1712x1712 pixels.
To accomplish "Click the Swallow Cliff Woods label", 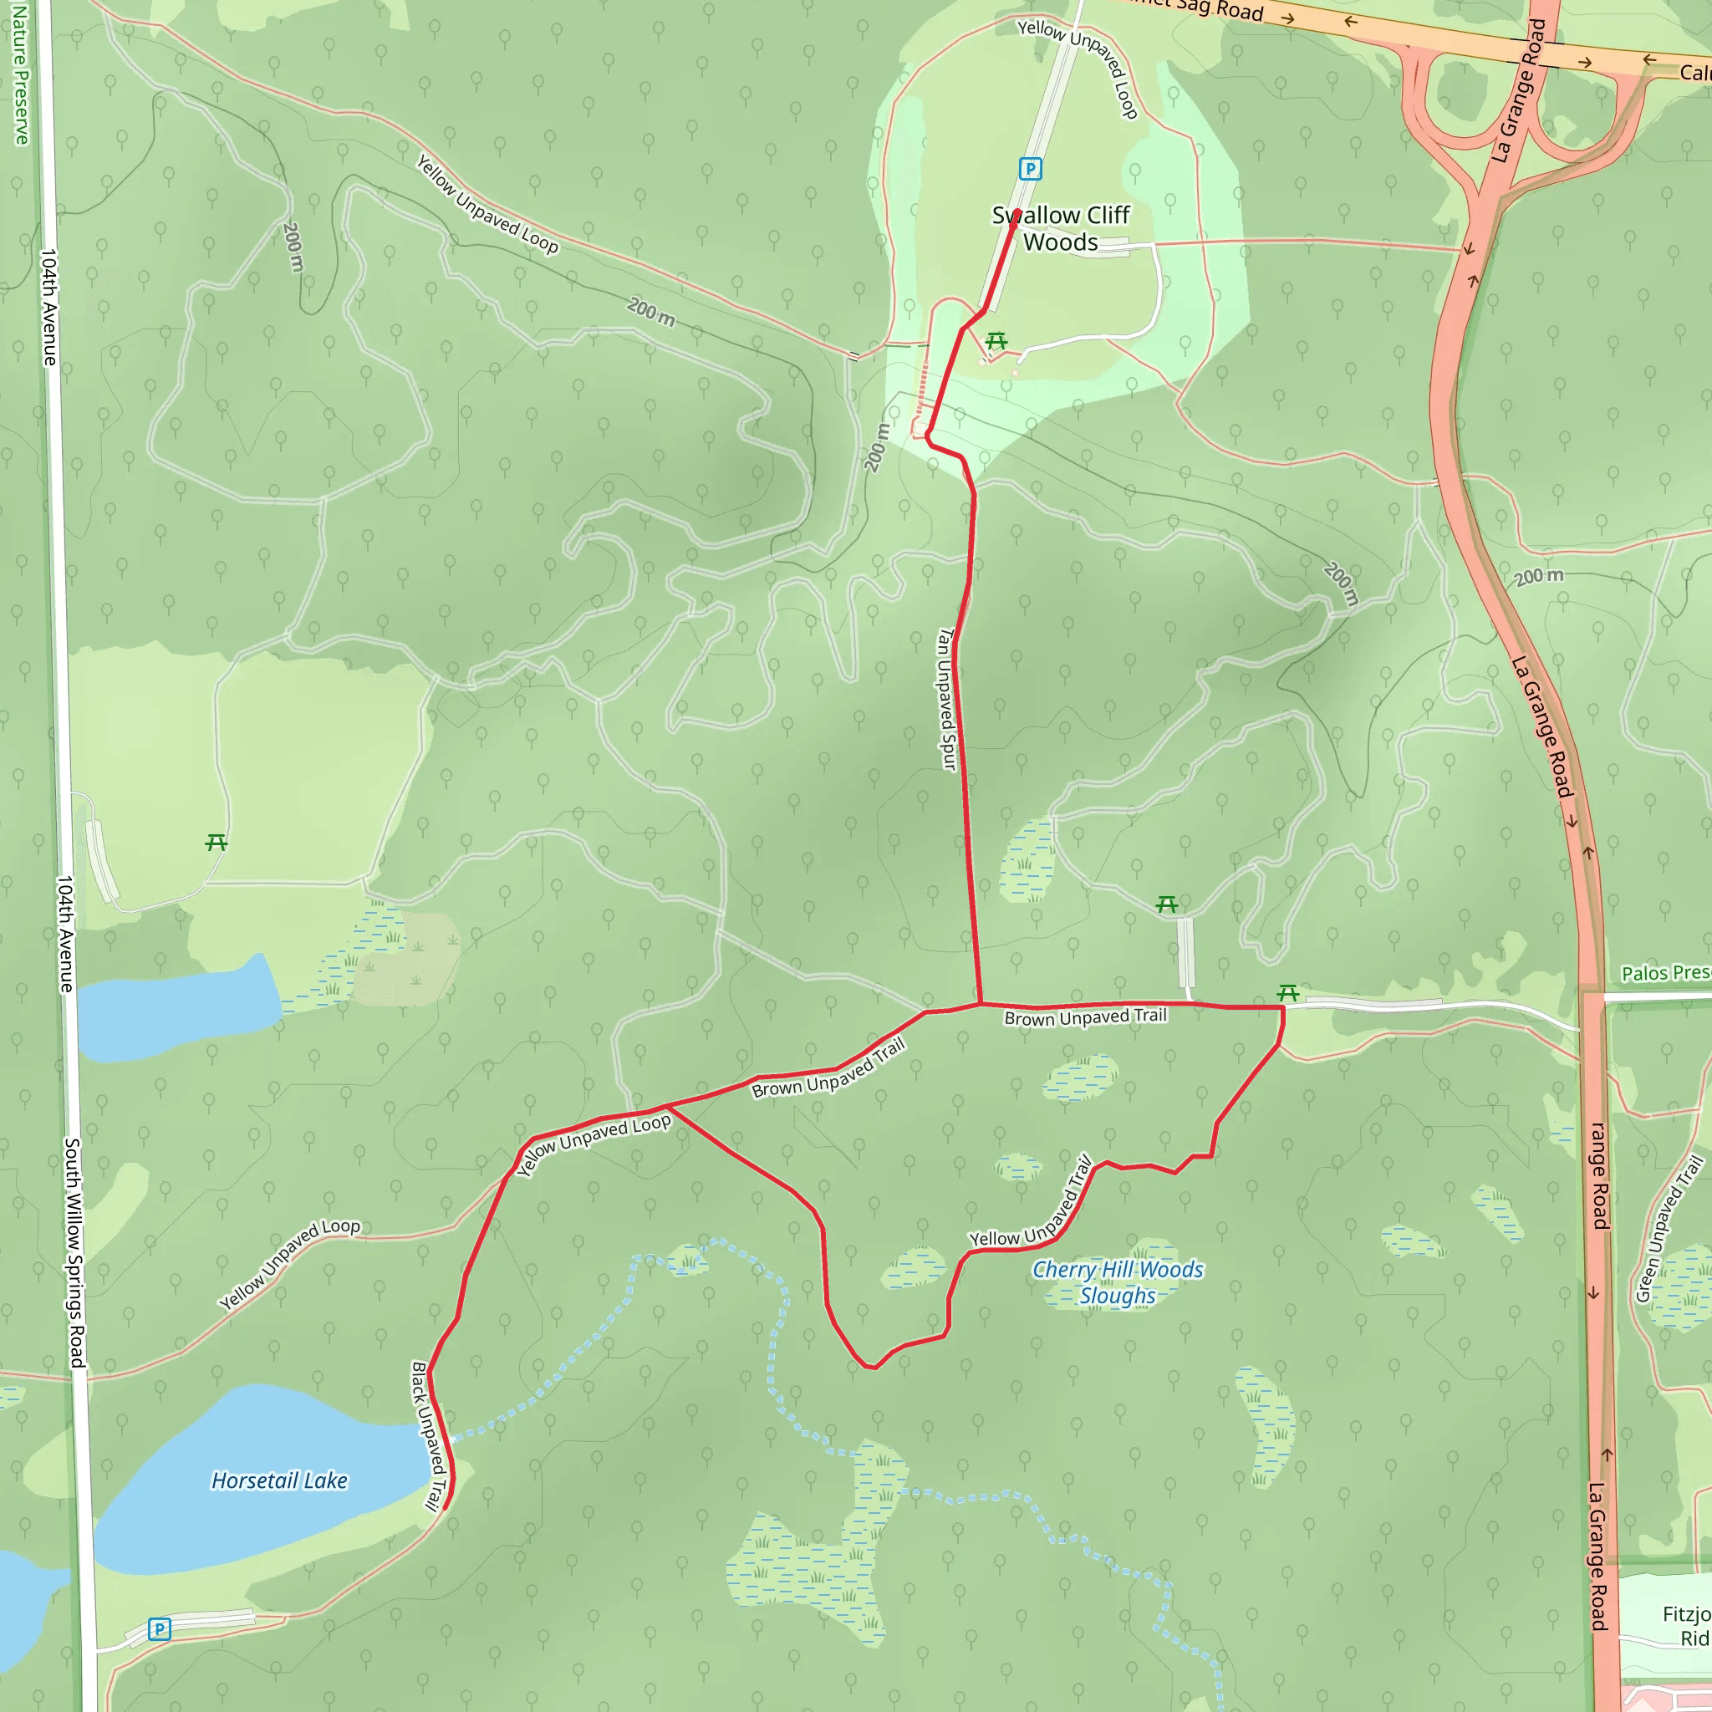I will [1061, 228].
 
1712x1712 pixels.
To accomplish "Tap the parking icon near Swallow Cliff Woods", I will [1030, 168].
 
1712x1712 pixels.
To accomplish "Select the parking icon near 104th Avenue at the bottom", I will [160, 1628].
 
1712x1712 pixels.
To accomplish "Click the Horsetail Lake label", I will [279, 1480].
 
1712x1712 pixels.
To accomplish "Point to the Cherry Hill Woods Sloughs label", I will [1118, 1282].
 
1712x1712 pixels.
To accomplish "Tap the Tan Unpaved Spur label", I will [946, 699].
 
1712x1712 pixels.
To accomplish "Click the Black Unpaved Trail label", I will [426, 1435].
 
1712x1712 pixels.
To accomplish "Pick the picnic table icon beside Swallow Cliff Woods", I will [996, 341].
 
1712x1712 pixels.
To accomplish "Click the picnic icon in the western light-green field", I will [217, 842].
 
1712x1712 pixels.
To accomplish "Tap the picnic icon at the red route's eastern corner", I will [1288, 993].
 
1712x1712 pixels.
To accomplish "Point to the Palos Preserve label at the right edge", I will [1665, 973].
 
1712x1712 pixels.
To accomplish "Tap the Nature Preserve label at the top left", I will [19, 71].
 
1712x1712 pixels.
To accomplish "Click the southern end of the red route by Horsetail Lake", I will [444, 1506].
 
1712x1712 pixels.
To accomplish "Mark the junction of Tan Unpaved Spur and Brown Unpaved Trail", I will [981, 1004].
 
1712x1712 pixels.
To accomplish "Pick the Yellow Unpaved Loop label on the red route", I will [594, 1145].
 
